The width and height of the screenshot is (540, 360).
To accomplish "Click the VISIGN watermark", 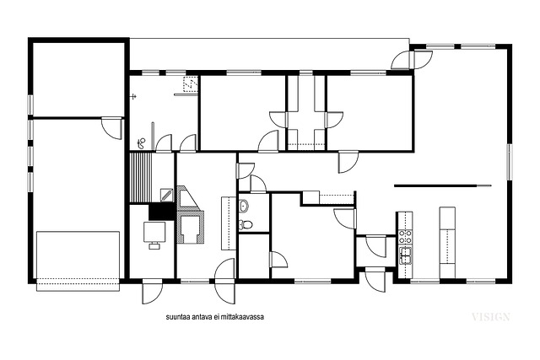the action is pyautogui.click(x=490, y=317).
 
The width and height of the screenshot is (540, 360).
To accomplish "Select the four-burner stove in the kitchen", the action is pyautogui.click(x=405, y=237).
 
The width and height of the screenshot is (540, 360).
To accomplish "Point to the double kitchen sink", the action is pyautogui.click(x=405, y=255).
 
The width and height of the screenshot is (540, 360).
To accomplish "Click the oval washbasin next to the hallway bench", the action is pyautogui.click(x=244, y=206).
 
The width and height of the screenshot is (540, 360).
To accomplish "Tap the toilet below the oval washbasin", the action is pyautogui.click(x=246, y=224).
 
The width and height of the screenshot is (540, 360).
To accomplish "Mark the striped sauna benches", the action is pyautogui.click(x=141, y=178).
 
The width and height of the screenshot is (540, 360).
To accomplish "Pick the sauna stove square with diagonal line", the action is pyautogui.click(x=167, y=195).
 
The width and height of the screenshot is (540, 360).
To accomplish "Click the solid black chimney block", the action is pyautogui.click(x=161, y=212).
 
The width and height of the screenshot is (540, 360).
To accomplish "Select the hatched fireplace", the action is pyautogui.click(x=190, y=215).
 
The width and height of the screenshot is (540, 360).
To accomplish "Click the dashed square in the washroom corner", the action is pyautogui.click(x=190, y=84).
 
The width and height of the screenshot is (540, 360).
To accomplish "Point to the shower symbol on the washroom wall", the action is pyautogui.click(x=133, y=96).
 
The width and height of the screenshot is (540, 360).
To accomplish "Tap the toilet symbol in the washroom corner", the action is pyautogui.click(x=141, y=142).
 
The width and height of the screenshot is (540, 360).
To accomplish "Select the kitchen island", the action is pyautogui.click(x=447, y=242).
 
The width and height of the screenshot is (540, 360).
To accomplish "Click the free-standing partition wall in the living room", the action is pyautogui.click(x=443, y=185).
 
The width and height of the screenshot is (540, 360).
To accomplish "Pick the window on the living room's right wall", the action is pyautogui.click(x=509, y=162).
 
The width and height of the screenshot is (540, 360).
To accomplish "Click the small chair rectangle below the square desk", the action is pyautogui.click(x=154, y=245).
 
